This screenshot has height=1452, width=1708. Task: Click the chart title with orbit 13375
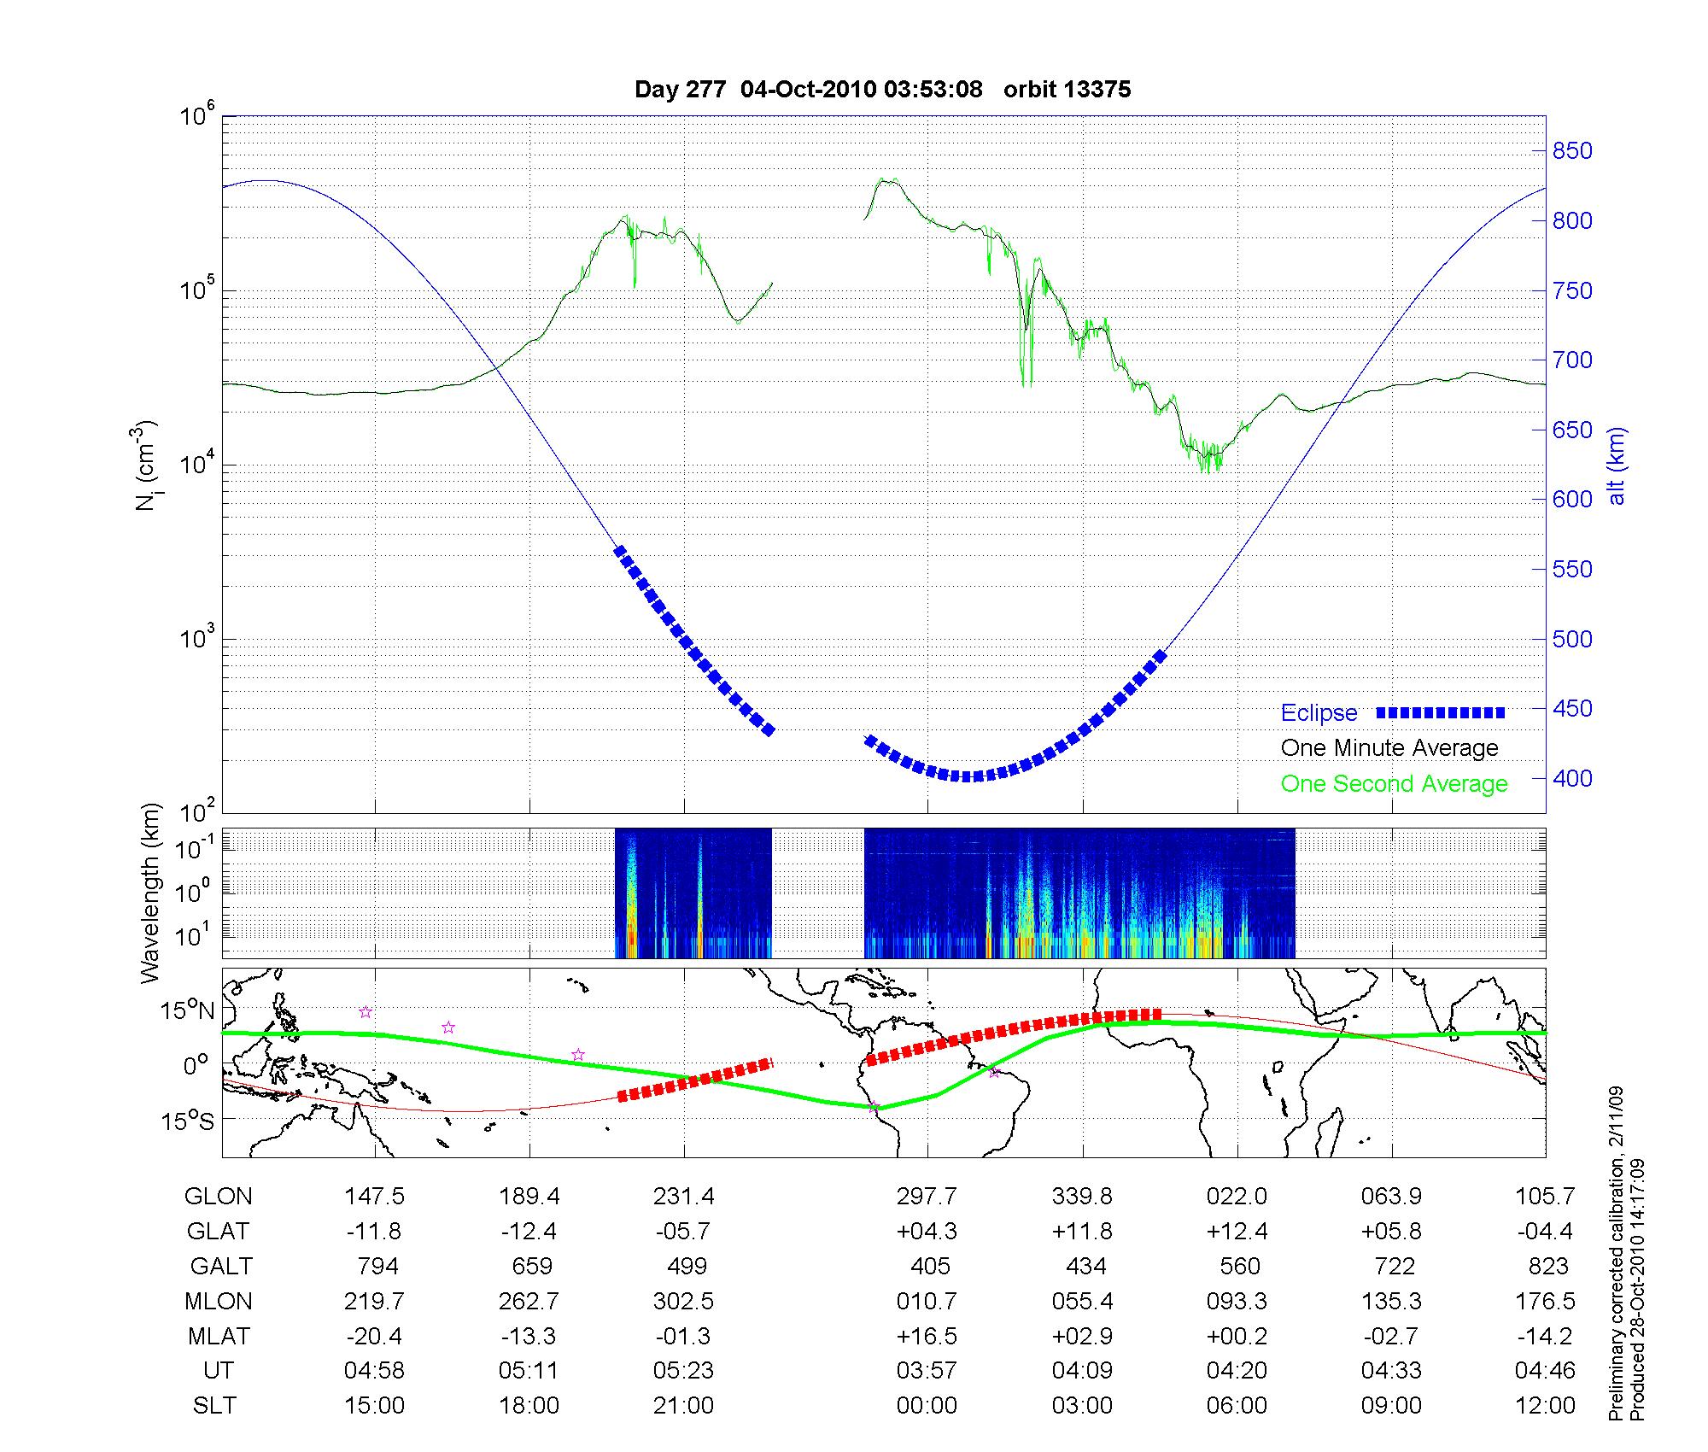point(882,90)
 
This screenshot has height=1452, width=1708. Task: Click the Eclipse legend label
point(1319,712)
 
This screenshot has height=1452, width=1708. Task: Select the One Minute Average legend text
point(1389,748)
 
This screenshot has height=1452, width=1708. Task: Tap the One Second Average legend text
point(1394,784)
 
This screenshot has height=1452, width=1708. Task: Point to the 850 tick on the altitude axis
point(1572,151)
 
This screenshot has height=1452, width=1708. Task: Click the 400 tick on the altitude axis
point(1572,778)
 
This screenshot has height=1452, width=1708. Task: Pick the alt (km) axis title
point(1617,465)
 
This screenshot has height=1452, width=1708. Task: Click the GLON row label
point(218,1196)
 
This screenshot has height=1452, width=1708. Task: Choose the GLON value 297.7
point(927,1196)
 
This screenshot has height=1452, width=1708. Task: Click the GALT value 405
point(930,1266)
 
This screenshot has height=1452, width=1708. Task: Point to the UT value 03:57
point(927,1371)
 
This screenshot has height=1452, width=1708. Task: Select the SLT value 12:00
point(1545,1406)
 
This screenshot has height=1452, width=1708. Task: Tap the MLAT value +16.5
point(927,1336)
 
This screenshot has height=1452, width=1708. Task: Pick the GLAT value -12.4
point(529,1231)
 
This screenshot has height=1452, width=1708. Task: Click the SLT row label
point(214,1406)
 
